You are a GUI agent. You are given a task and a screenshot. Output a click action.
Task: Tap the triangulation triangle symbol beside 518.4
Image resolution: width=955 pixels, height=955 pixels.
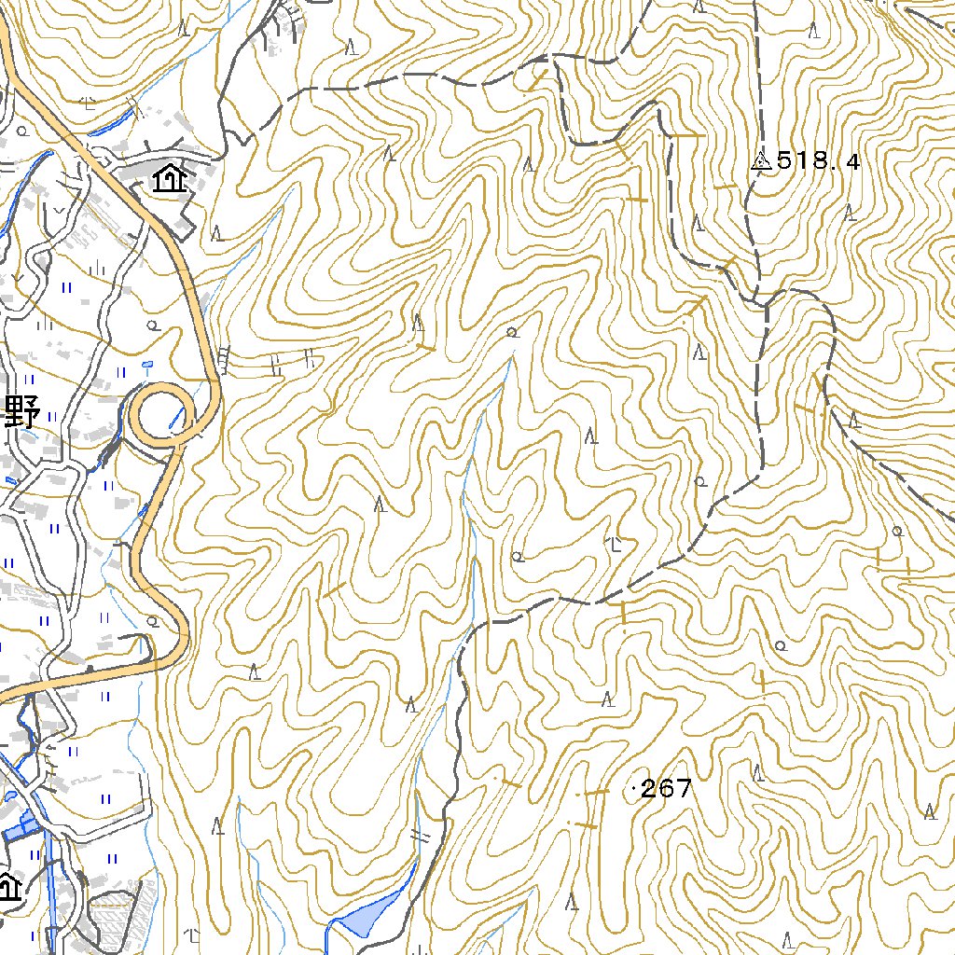(760, 161)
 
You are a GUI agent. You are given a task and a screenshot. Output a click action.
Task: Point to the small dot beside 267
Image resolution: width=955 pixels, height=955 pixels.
(636, 790)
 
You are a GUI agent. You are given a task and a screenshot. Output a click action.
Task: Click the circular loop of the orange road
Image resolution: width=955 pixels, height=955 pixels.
(161, 414)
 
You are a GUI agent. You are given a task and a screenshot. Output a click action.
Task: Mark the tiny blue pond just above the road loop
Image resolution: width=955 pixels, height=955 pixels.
(146, 364)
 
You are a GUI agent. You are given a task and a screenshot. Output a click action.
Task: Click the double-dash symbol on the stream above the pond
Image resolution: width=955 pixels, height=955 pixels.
(422, 836)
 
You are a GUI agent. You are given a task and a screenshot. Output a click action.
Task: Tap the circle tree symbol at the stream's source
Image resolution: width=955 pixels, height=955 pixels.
(511, 333)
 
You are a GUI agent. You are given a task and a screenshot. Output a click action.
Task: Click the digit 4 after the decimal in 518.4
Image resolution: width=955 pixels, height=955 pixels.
(851, 161)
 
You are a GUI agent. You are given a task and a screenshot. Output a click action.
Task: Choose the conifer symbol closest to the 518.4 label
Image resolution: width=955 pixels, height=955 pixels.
(698, 222)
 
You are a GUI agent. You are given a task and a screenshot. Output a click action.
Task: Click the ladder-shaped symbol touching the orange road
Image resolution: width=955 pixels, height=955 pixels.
(224, 359)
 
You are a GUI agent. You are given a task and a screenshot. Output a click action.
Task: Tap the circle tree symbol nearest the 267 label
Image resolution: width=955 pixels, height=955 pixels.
(781, 644)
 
